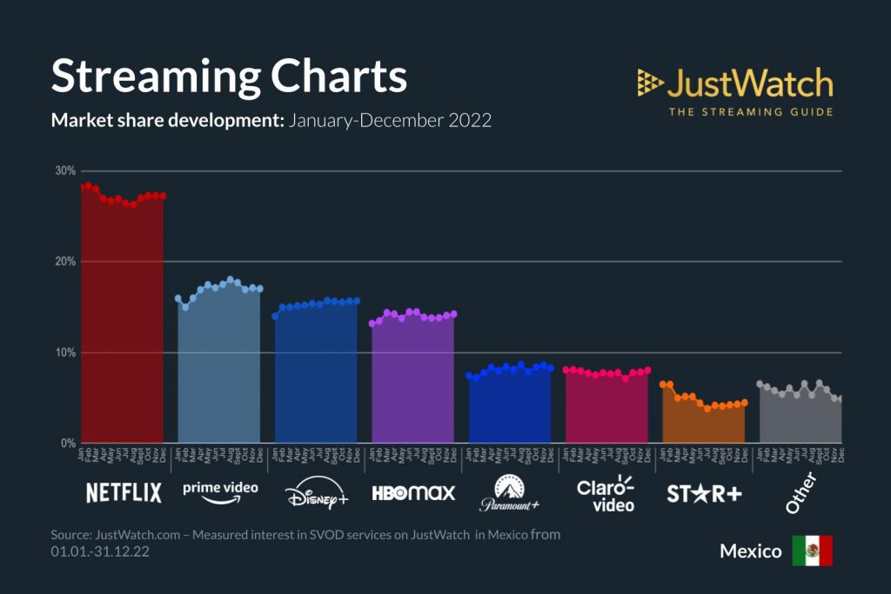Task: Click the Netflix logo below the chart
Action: [x=124, y=493]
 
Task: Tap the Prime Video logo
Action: [x=220, y=491]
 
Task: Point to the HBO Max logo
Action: [x=413, y=493]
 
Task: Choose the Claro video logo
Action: [x=606, y=492]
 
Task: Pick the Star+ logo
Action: [x=704, y=493]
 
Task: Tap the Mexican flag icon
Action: [x=812, y=551]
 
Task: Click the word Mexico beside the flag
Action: [x=751, y=551]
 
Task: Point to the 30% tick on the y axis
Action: [x=66, y=170]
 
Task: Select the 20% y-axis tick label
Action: [x=66, y=262]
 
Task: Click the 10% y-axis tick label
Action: [x=66, y=353]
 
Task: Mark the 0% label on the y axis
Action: [x=69, y=444]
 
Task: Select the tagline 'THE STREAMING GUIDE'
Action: [x=750, y=111]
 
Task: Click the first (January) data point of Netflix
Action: [x=82, y=186]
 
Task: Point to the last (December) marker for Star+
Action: [x=744, y=402]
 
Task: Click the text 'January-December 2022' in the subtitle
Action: [x=391, y=120]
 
